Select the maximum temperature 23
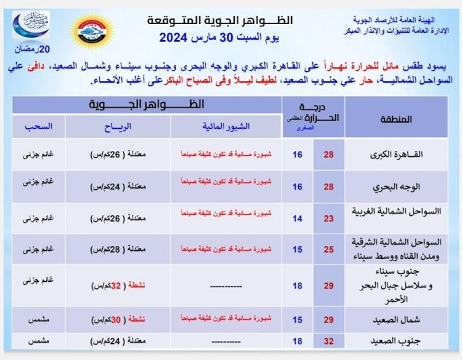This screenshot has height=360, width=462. click(328, 218)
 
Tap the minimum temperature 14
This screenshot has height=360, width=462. click(298, 218)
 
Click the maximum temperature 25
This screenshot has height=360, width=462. click(328, 249)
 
